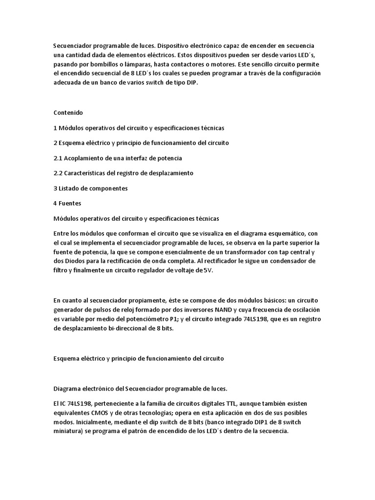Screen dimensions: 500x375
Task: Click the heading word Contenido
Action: point(68,113)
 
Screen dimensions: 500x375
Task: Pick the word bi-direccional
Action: point(119,329)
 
